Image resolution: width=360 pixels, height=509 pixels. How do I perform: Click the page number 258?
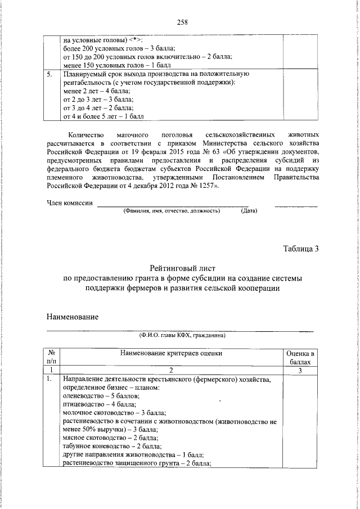[x=181, y=22]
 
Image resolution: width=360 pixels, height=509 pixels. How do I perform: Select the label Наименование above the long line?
[x=72, y=317]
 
